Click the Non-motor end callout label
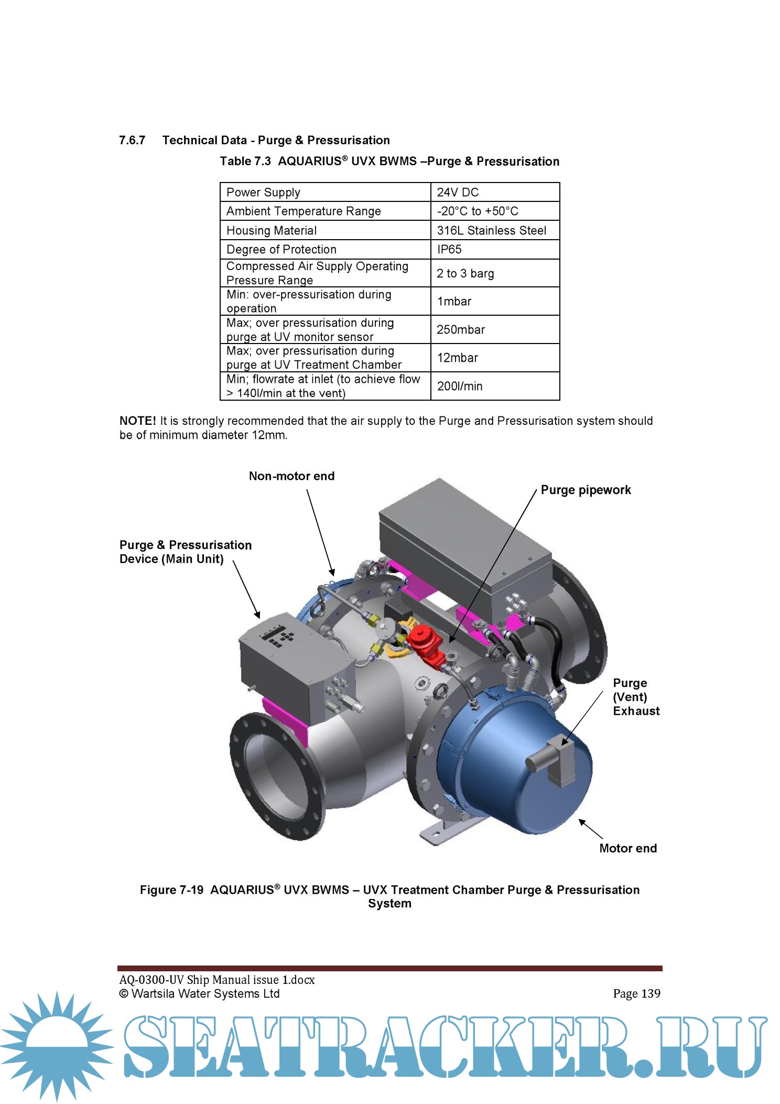pos(291,476)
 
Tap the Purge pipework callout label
pos(586,490)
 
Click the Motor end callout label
pos(627,848)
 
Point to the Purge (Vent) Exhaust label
pos(635,697)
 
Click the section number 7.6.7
pos(132,141)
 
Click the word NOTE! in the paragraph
pos(137,421)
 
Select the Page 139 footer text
pos(636,993)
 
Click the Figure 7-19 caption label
pos(171,890)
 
